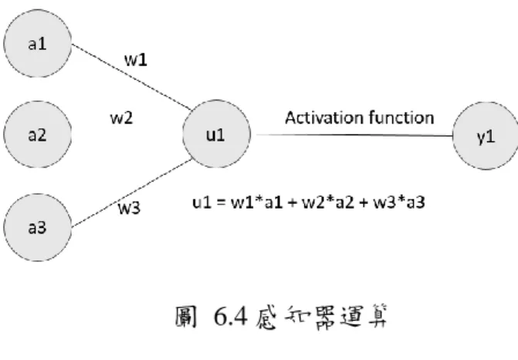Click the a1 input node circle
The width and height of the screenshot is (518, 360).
coord(38,43)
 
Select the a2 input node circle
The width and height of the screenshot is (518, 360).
coord(38,134)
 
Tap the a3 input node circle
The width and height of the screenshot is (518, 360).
coord(38,227)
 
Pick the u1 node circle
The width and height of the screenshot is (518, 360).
coord(217,134)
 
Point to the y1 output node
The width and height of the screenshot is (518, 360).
coord(486,136)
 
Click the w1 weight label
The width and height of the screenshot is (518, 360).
coord(135,59)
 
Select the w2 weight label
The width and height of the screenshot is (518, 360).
coord(121,118)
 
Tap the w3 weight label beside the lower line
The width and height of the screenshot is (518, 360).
coord(129,208)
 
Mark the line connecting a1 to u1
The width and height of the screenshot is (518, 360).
coord(131,77)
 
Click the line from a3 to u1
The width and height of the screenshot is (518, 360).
coord(132,193)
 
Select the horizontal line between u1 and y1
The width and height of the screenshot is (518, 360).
coord(354,135)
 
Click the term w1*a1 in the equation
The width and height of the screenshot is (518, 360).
coord(257,202)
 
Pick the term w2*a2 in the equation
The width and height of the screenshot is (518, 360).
coord(328,202)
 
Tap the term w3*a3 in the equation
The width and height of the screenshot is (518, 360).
coord(399,202)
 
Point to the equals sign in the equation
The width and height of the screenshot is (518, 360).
coord(221,202)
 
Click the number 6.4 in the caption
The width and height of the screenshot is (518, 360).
coord(231,317)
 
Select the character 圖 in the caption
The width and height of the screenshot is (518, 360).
coord(185,317)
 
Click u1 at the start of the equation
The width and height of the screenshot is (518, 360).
coord(201,202)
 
